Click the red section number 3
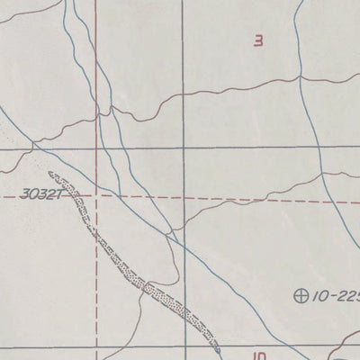coord(259,40)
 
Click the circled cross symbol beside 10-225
coord(301,294)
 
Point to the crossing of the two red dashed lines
coord(96,193)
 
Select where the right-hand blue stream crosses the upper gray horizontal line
coord(317,147)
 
